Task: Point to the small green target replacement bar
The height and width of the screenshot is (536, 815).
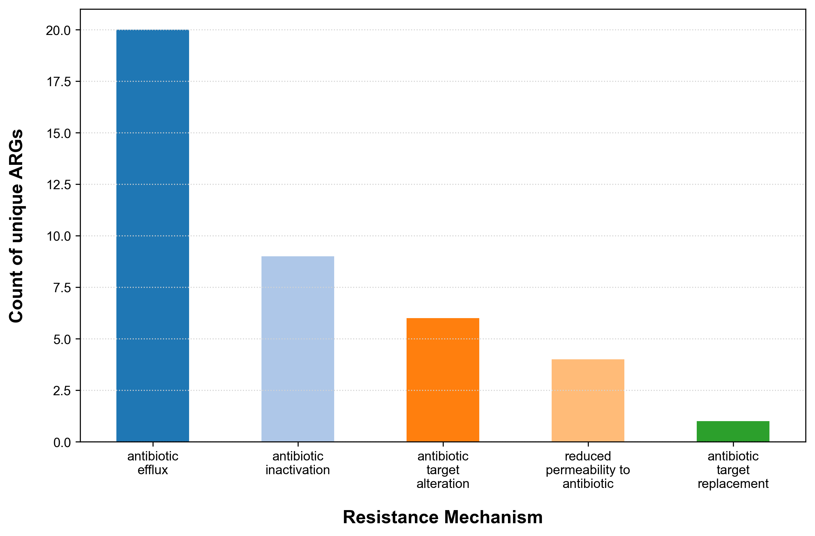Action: click(x=733, y=431)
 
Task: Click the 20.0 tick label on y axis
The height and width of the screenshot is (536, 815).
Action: click(x=58, y=31)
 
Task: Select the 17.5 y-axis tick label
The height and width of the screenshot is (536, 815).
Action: click(x=59, y=82)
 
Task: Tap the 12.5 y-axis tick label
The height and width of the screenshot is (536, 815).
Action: click(x=59, y=185)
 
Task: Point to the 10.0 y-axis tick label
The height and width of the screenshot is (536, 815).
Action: click(x=59, y=236)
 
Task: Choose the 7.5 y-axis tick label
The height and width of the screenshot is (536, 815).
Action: click(x=62, y=288)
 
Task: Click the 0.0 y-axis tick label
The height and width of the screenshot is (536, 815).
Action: click(x=62, y=442)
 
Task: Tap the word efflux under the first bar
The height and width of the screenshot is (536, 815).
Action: click(x=153, y=470)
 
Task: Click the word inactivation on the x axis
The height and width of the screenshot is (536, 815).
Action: click(x=298, y=470)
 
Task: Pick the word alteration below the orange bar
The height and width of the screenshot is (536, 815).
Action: click(x=442, y=484)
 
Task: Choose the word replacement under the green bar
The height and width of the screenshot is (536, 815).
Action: click(x=733, y=484)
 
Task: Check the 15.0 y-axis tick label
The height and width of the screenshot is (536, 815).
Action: click(x=59, y=133)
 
